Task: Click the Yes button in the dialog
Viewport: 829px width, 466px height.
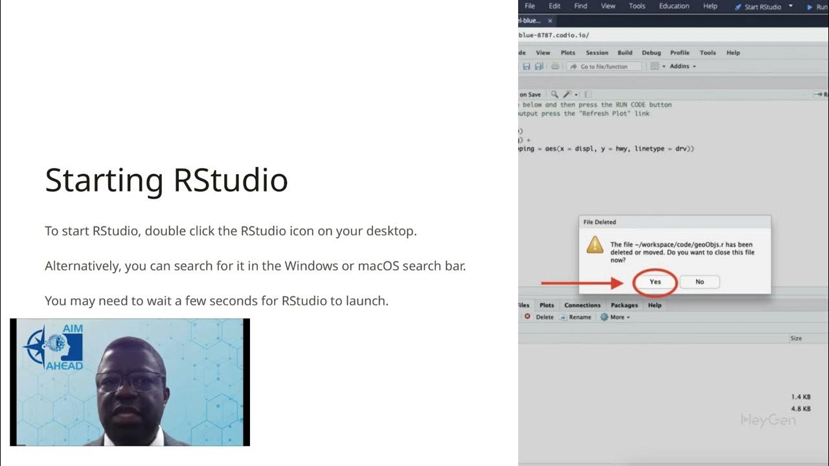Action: pyautogui.click(x=655, y=282)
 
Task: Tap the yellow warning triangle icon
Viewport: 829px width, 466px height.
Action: pyautogui.click(x=595, y=245)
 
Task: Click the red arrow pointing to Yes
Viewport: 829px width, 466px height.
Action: pyautogui.click(x=582, y=283)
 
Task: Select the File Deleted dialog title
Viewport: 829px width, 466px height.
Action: pyautogui.click(x=600, y=222)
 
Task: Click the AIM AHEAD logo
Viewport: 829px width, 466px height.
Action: pyautogui.click(x=54, y=347)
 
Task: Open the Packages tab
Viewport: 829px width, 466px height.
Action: pyautogui.click(x=624, y=305)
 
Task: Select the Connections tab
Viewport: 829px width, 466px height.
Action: pyautogui.click(x=582, y=305)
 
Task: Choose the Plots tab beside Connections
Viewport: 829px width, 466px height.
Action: pyautogui.click(x=547, y=305)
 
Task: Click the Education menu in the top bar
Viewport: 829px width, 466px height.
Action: pyautogui.click(x=674, y=6)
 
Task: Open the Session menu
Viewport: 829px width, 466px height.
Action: pyautogui.click(x=597, y=53)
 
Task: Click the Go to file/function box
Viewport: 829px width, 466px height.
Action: pyautogui.click(x=604, y=67)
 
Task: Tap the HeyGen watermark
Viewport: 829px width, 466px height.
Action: pyautogui.click(x=767, y=420)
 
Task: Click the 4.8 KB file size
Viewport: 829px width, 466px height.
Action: pyautogui.click(x=801, y=409)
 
